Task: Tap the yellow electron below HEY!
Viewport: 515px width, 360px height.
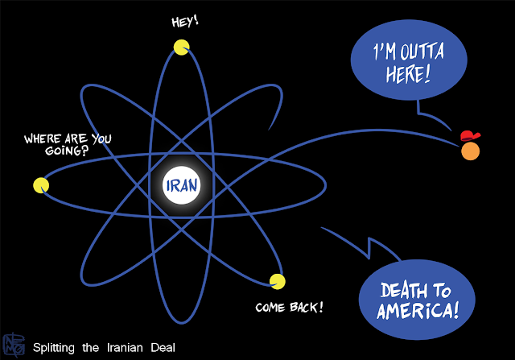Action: (183, 47)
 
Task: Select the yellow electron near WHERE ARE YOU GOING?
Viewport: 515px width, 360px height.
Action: (41, 185)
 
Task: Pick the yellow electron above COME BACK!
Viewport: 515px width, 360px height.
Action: (278, 282)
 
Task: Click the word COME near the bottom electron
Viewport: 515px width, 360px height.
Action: (272, 308)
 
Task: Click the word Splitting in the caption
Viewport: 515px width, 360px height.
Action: (55, 348)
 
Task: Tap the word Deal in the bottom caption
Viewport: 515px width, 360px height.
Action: (165, 348)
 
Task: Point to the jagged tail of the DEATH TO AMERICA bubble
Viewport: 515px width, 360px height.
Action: (373, 246)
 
